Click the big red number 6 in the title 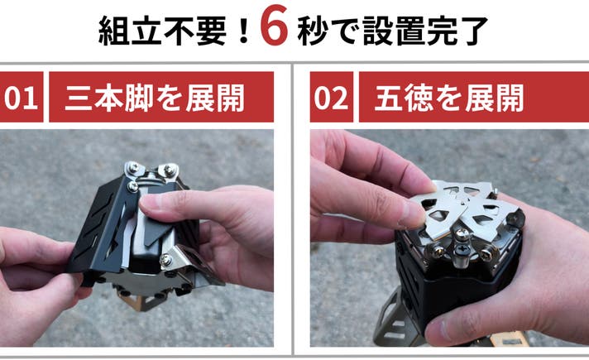[274, 25]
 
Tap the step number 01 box [22, 97]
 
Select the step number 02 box [331, 97]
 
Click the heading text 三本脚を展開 [155, 98]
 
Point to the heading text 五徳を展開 [449, 98]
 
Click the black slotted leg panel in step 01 [98, 225]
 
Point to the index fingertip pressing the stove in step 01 [151, 204]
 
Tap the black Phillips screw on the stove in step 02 [462, 249]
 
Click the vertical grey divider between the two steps [292, 209]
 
